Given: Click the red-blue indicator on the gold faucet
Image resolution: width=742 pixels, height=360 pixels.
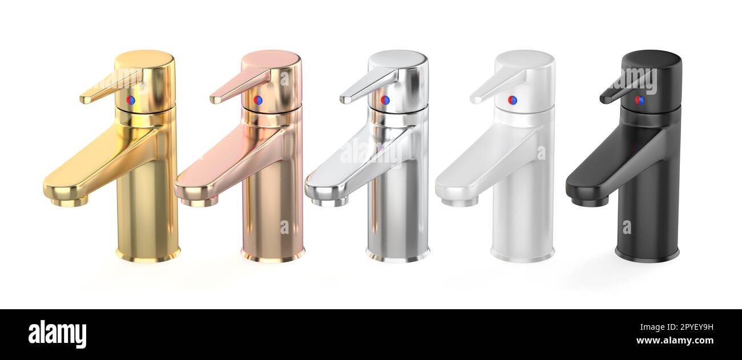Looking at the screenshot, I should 131,100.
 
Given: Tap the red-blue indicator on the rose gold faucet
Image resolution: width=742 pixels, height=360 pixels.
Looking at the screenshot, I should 258,100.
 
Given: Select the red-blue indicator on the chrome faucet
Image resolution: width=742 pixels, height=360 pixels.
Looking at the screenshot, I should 385,100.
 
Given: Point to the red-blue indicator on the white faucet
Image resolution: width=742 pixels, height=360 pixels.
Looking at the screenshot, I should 512,100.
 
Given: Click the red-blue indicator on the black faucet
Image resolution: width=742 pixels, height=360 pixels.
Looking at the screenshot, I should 639,100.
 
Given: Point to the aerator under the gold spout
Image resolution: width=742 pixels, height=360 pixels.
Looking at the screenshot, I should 69,202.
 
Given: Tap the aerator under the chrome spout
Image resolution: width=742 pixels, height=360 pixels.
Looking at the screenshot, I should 329,202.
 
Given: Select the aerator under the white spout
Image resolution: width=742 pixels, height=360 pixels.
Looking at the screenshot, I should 459,202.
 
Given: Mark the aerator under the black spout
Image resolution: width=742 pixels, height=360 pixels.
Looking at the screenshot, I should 590,202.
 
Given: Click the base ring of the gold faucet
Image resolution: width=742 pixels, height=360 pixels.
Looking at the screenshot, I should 148,255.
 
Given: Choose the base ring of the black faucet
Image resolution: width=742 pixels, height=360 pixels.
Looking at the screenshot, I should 647,255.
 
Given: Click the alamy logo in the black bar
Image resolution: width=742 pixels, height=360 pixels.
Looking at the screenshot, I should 57,334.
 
